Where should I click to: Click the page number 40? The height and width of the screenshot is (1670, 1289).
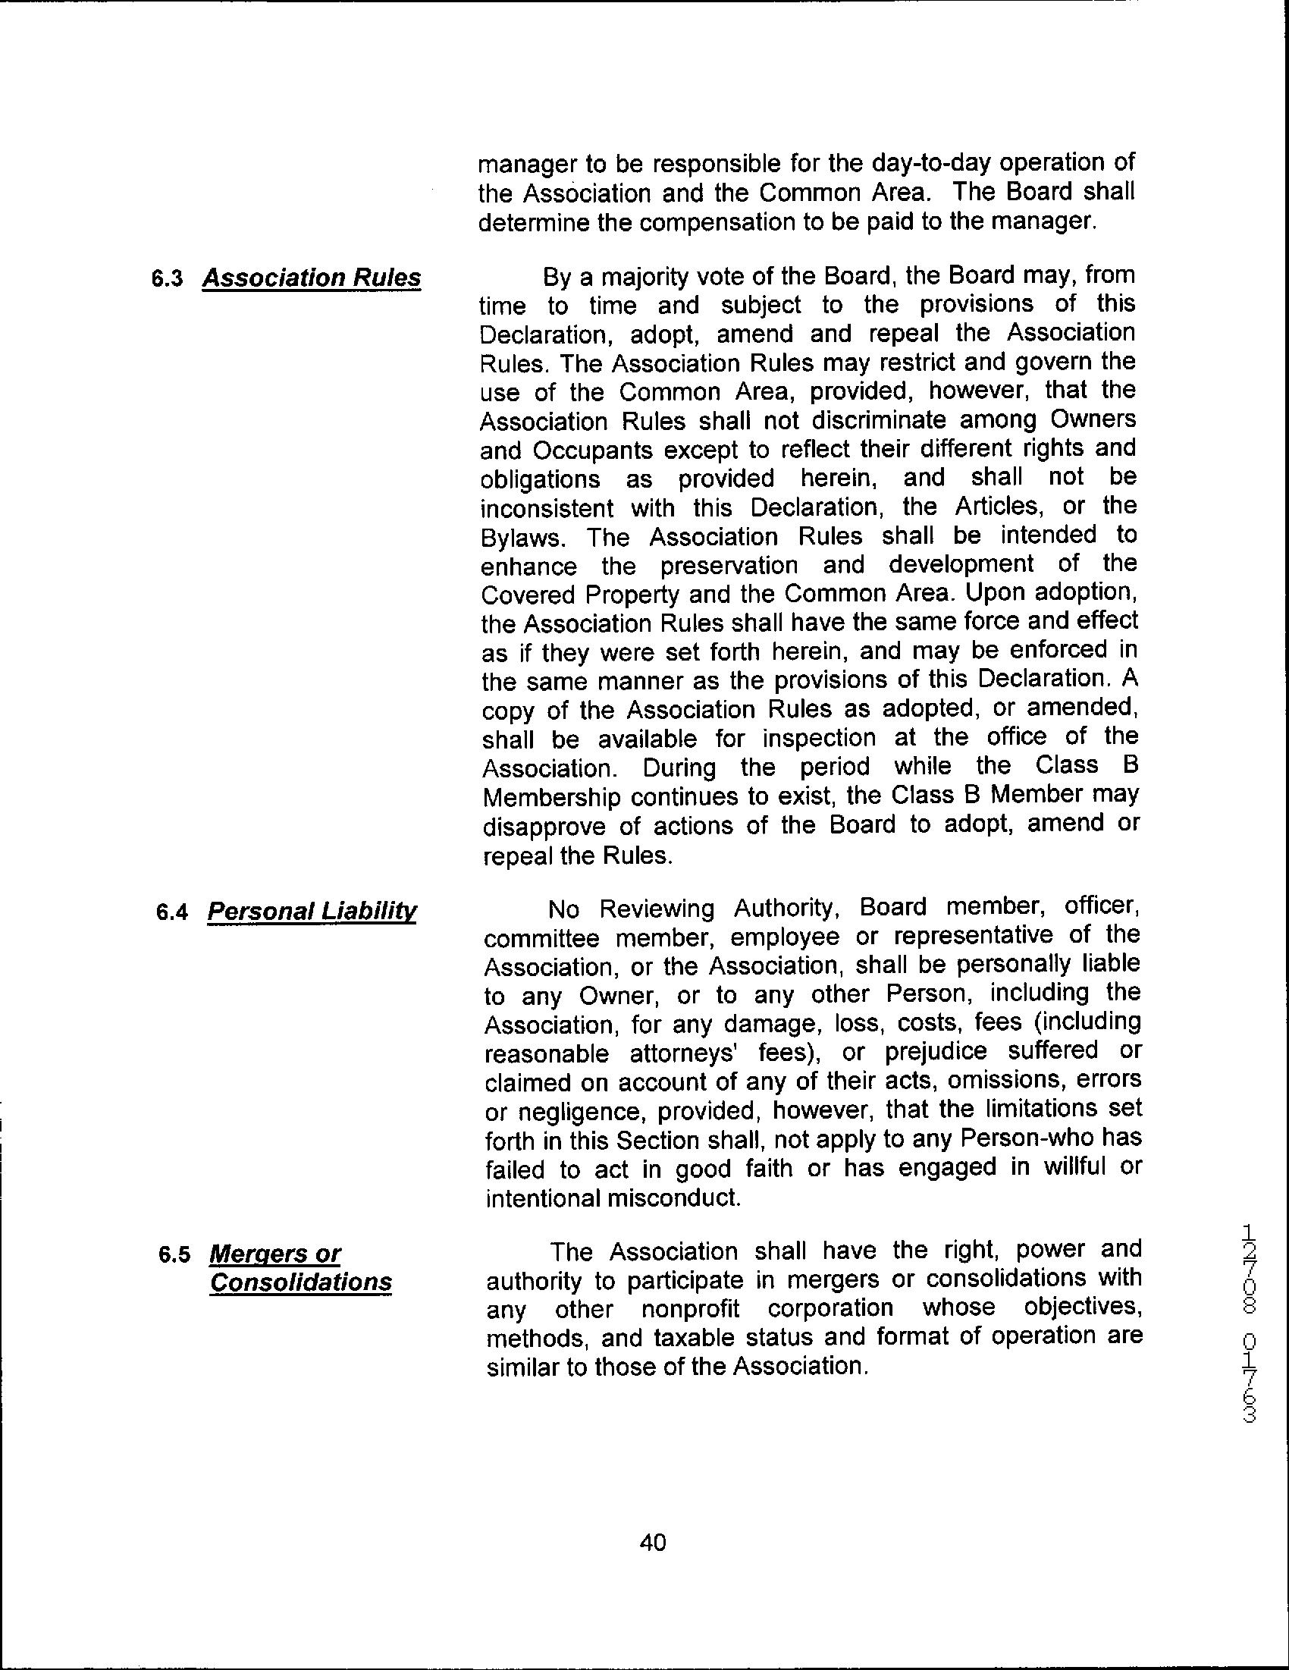(652, 1542)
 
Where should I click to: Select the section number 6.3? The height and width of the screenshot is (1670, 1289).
(167, 279)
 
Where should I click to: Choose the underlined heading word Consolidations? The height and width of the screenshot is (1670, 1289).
(300, 1282)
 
